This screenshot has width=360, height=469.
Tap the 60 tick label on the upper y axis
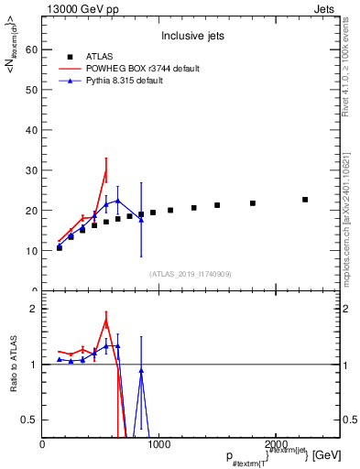(x=32, y=50)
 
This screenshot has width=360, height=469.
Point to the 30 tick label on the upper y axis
(x=32, y=170)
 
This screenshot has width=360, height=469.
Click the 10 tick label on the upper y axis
(x=32, y=250)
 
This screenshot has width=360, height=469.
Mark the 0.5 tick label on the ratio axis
(x=30, y=420)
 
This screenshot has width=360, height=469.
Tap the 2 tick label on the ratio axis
(x=34, y=309)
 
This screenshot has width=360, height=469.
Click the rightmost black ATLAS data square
(x=305, y=200)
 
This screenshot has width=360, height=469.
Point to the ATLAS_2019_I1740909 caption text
(x=190, y=273)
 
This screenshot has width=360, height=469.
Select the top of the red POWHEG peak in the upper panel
(x=105, y=170)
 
